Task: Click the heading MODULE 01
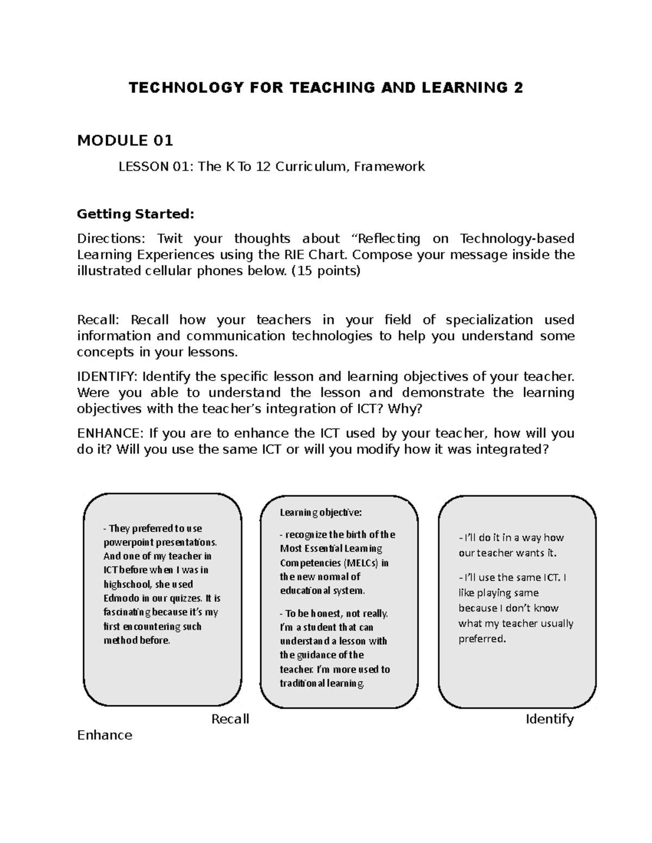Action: (x=125, y=141)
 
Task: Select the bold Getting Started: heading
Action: (x=135, y=214)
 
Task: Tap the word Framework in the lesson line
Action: (x=389, y=167)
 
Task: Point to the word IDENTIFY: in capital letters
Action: (x=108, y=376)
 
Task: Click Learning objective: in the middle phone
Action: (x=321, y=512)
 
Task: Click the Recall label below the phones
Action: (x=230, y=719)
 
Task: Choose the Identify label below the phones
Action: (x=549, y=719)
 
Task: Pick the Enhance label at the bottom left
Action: (x=105, y=735)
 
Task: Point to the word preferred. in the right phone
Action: (x=482, y=638)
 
